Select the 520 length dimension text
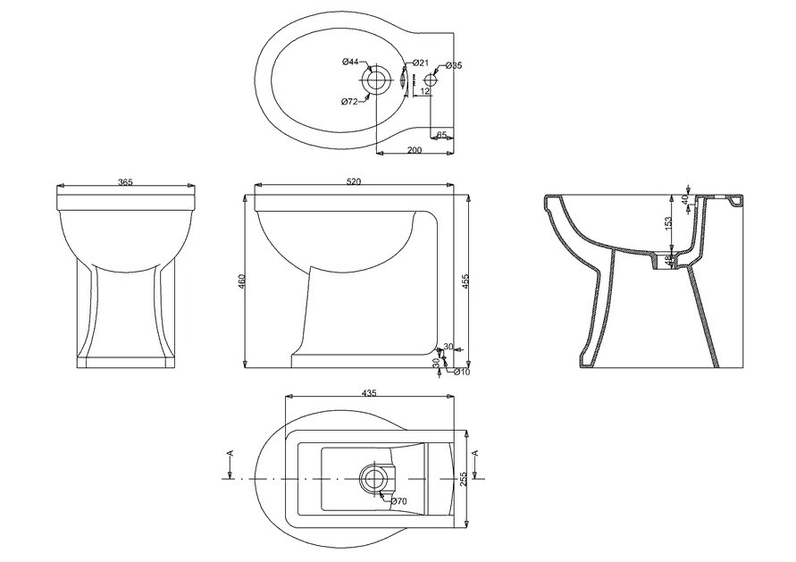[x=354, y=181]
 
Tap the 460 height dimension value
[x=241, y=281]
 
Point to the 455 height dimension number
[x=465, y=281]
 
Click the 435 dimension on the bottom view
[x=369, y=393]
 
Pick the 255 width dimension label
[x=463, y=478]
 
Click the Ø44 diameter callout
[x=350, y=62]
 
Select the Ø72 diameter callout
[x=350, y=102]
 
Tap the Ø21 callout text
[x=421, y=63]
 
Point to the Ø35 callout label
[x=453, y=65]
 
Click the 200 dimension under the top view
[x=415, y=150]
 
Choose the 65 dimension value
[x=441, y=135]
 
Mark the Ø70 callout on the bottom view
[x=399, y=501]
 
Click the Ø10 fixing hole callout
[x=462, y=372]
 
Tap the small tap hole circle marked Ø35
[x=430, y=80]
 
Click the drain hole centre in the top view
[x=376, y=80]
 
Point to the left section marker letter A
[x=231, y=453]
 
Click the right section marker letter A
[x=475, y=453]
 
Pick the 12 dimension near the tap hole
[x=425, y=91]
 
